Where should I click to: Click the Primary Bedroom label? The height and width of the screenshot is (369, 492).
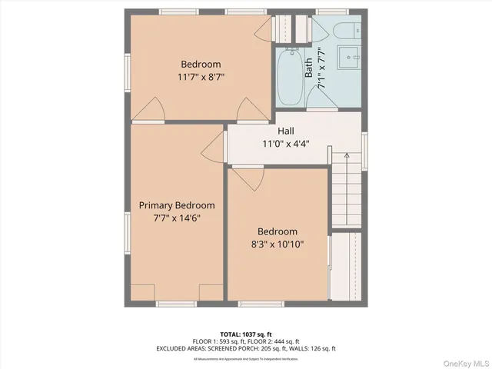click(x=177, y=205)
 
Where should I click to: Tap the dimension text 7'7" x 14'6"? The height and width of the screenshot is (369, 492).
click(x=177, y=218)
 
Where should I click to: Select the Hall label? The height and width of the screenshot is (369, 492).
click(x=286, y=131)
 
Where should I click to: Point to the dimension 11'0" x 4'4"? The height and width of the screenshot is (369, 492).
click(x=286, y=144)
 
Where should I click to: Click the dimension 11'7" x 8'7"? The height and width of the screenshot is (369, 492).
click(x=201, y=77)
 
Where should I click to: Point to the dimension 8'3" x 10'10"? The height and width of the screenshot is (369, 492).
click(x=278, y=244)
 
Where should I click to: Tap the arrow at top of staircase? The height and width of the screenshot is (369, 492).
click(x=347, y=157)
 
